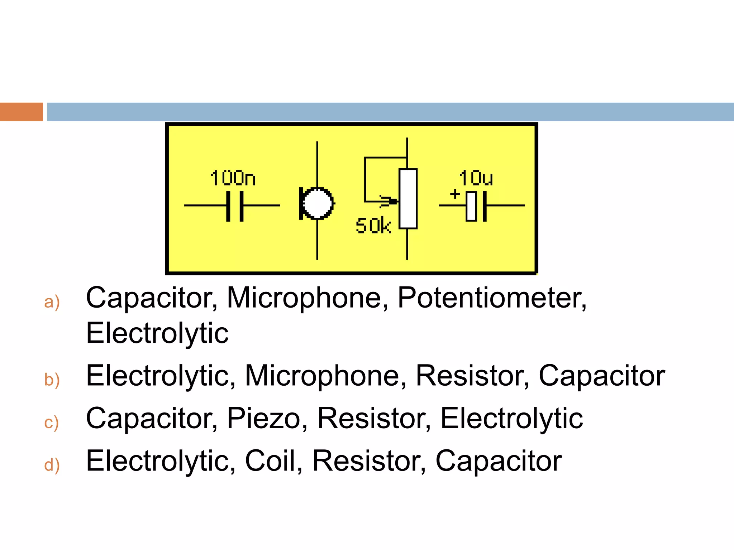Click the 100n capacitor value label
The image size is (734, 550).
[x=233, y=178]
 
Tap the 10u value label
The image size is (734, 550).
[x=476, y=178]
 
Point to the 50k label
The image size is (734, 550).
[x=373, y=226]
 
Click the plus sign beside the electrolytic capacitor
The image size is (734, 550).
[x=455, y=194]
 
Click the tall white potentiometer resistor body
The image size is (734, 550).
[x=408, y=199]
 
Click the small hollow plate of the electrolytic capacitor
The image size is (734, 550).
[x=471, y=206]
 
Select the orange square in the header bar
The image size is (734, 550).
[x=21, y=112]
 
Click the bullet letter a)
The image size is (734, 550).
[x=52, y=301]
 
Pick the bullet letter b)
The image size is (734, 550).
[x=52, y=380]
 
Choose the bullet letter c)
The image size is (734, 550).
[x=51, y=423]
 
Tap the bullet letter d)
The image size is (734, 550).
[x=52, y=465]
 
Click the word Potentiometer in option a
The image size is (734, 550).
[x=491, y=298]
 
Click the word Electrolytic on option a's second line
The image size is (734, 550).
[x=157, y=333]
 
